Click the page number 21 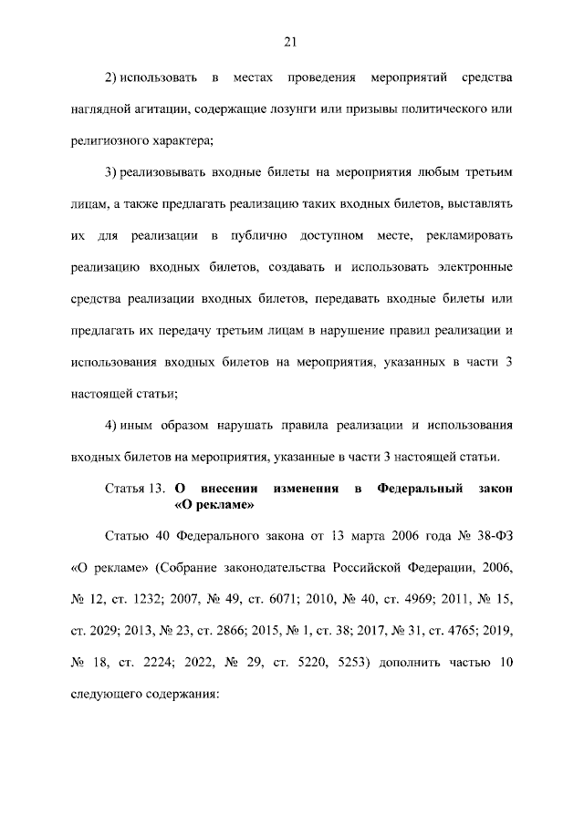[x=292, y=42]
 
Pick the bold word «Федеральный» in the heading [x=422, y=490]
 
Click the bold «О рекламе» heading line [x=213, y=505]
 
